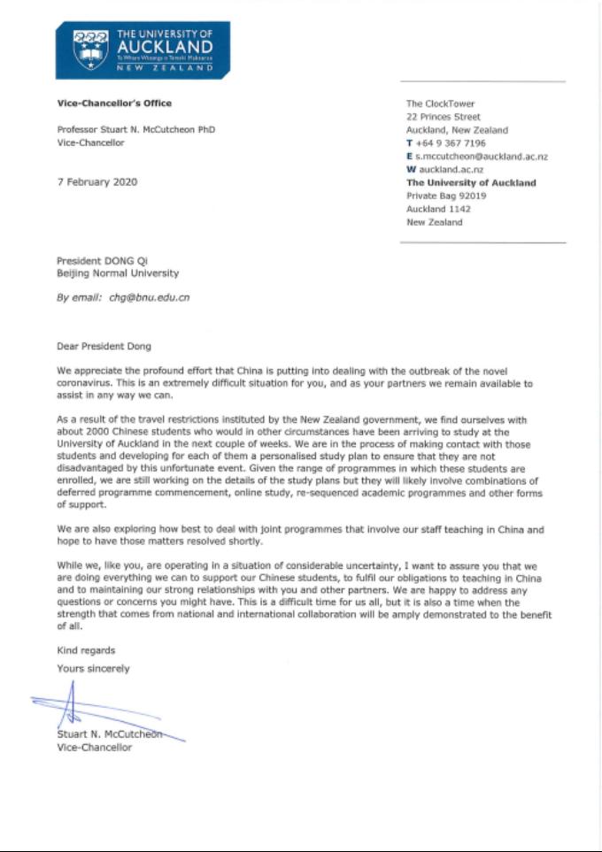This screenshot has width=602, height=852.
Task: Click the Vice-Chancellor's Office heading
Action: [x=114, y=104]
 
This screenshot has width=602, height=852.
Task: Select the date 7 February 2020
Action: [x=96, y=182]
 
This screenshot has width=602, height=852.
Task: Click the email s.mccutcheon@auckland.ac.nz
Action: [x=482, y=157]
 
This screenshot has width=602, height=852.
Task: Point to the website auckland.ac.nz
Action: [x=451, y=170]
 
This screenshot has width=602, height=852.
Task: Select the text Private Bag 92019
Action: [x=444, y=196]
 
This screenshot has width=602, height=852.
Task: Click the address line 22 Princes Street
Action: [x=443, y=117]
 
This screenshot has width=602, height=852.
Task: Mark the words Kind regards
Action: [x=86, y=650]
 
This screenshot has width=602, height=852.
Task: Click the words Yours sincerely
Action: [x=93, y=668]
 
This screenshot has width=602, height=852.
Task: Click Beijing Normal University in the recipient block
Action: [x=118, y=274]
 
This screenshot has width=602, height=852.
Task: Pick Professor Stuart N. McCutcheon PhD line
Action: [x=135, y=130]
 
